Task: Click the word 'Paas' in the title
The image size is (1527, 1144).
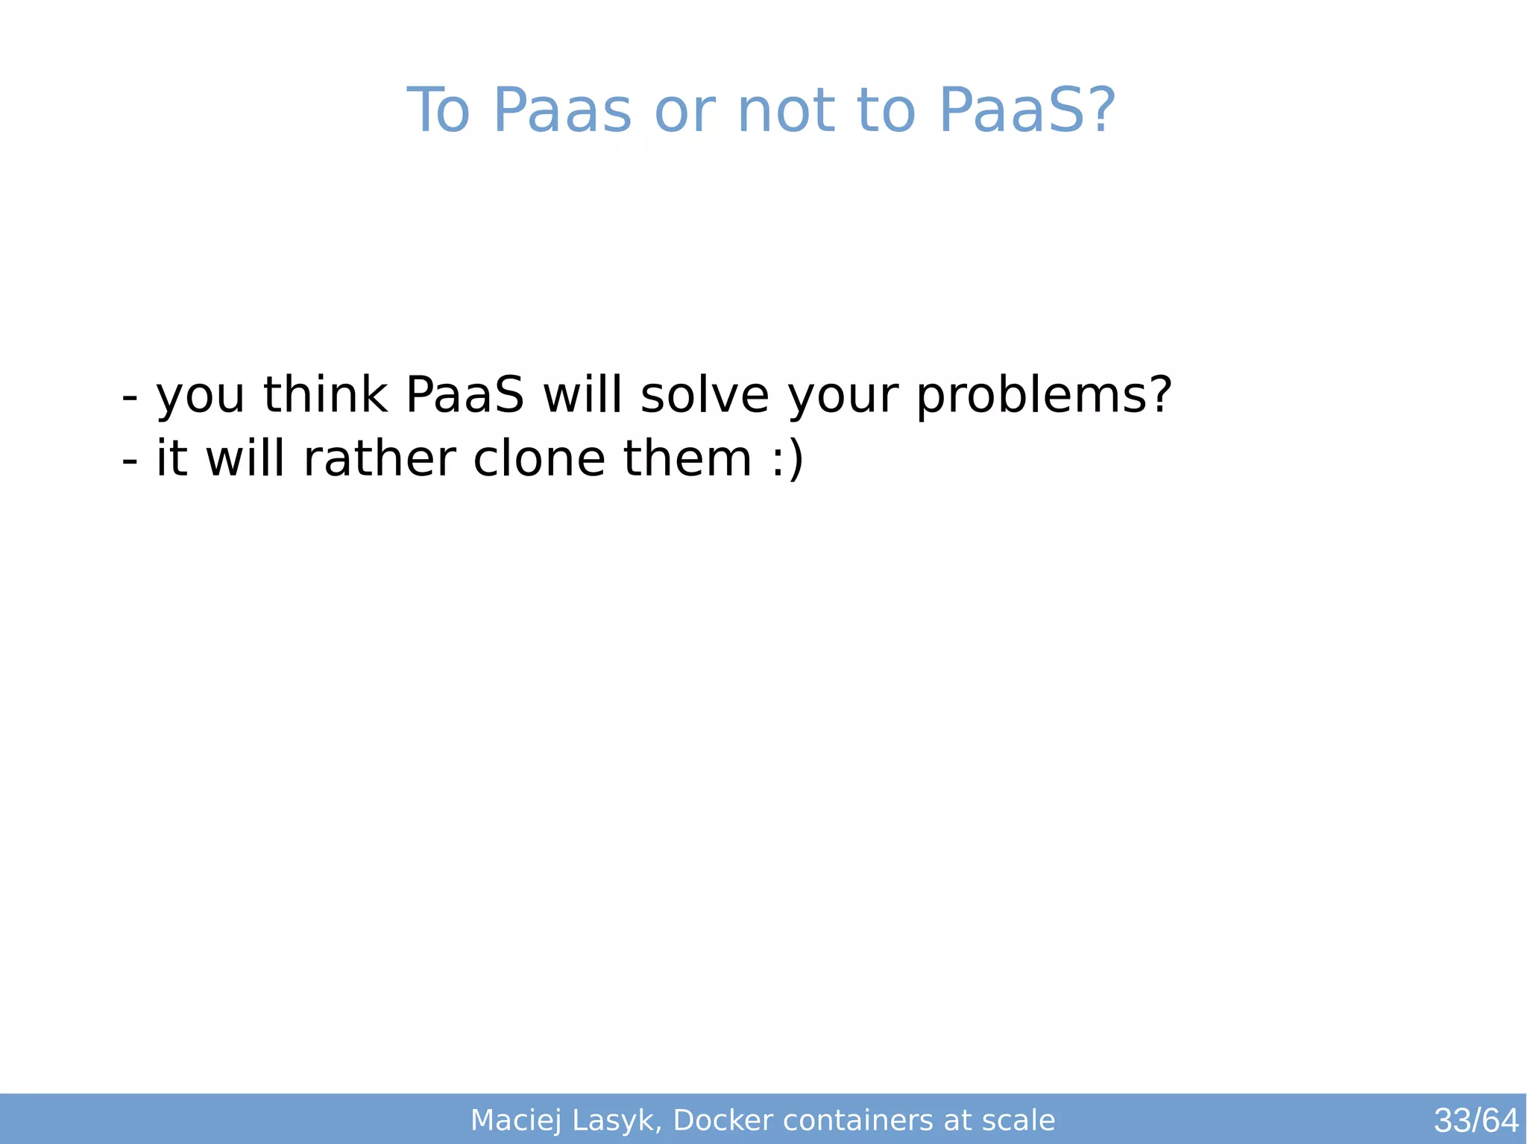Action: point(562,111)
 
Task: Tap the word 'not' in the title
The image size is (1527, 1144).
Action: point(787,111)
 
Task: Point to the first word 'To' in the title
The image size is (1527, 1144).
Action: point(438,111)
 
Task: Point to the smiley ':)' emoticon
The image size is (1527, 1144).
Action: point(787,460)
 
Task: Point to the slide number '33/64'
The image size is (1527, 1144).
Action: point(1476,1121)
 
